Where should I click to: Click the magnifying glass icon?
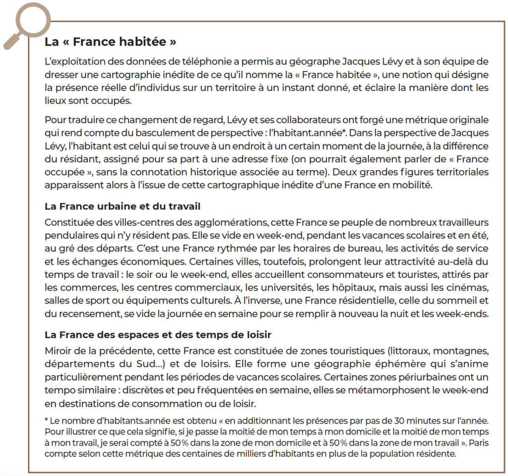tap(26, 22)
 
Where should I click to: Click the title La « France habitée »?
tap(110, 42)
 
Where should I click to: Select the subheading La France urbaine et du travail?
tap(122, 205)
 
